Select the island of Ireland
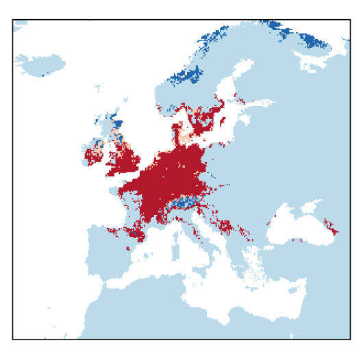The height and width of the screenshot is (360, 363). point(93,157)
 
